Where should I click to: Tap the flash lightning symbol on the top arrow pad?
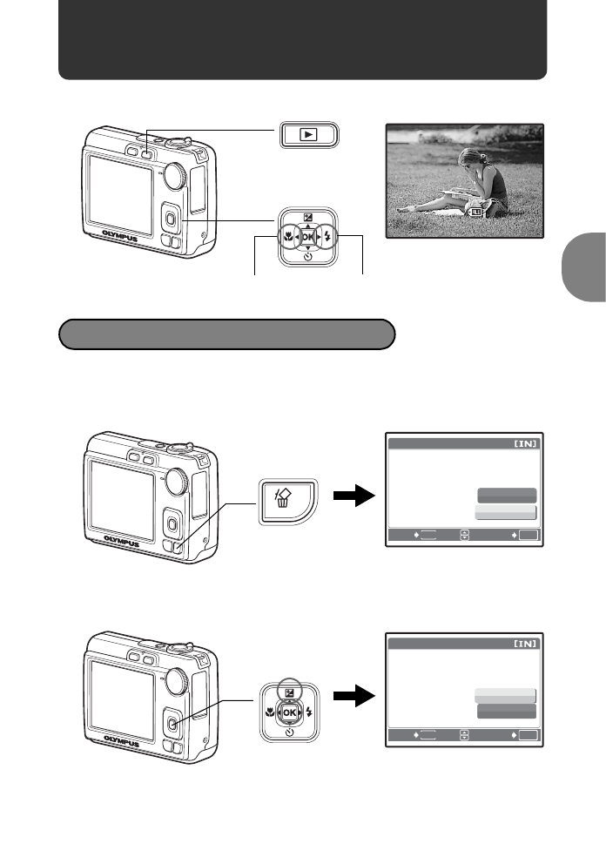(x=327, y=235)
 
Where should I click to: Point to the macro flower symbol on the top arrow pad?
(x=286, y=235)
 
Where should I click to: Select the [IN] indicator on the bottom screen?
(x=525, y=645)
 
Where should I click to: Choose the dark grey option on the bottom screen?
(x=506, y=712)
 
